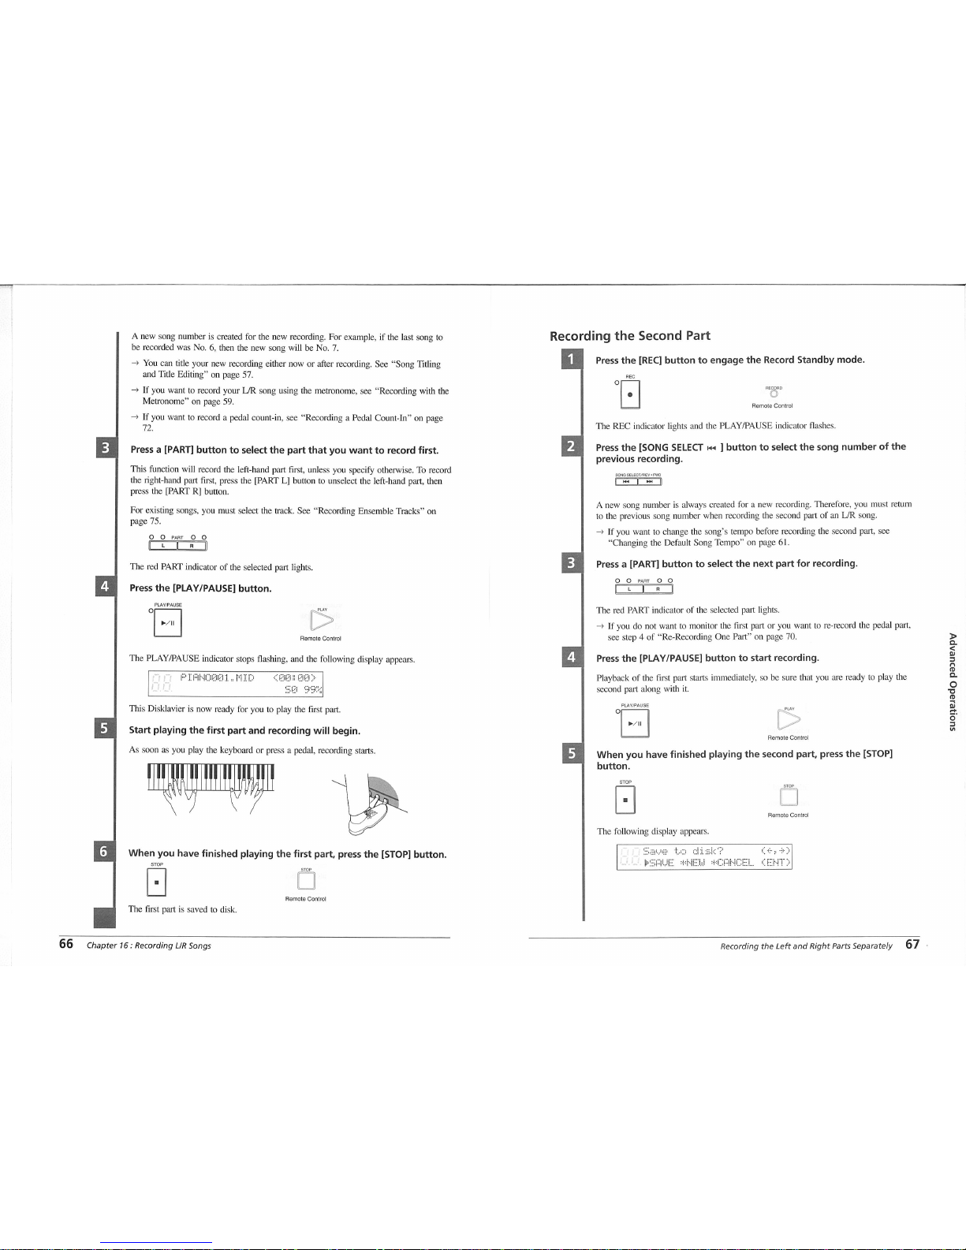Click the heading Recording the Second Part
[629, 336]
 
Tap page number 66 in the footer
[66, 944]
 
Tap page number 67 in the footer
[912, 944]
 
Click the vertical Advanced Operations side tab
[953, 681]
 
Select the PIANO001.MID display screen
[236, 684]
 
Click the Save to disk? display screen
[704, 856]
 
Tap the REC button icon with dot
[630, 394]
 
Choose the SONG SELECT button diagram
[638, 481]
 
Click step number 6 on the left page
[104, 852]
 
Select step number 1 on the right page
[572, 360]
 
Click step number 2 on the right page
[572, 446]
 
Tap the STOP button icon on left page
[156, 882]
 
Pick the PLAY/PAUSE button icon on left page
[167, 622]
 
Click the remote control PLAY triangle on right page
[789, 719]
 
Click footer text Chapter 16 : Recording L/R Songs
[149, 946]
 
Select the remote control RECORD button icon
[774, 394]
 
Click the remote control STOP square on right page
[789, 797]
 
